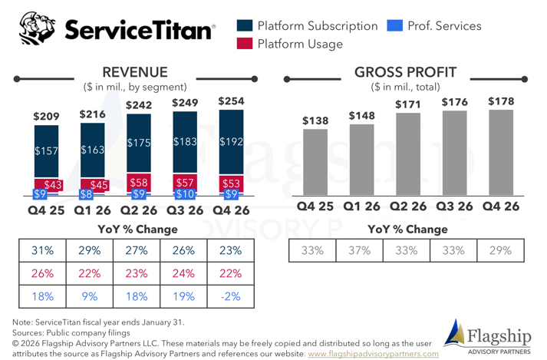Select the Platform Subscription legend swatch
(x=246, y=26)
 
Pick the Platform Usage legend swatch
(x=246, y=44)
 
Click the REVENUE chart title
(x=135, y=72)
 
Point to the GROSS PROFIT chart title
(x=405, y=72)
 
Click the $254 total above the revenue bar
(x=232, y=101)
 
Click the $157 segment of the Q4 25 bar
(x=47, y=151)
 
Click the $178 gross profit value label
(x=501, y=101)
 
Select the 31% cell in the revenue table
(x=42, y=251)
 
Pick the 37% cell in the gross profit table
(x=360, y=251)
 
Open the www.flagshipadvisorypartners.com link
(x=373, y=354)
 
